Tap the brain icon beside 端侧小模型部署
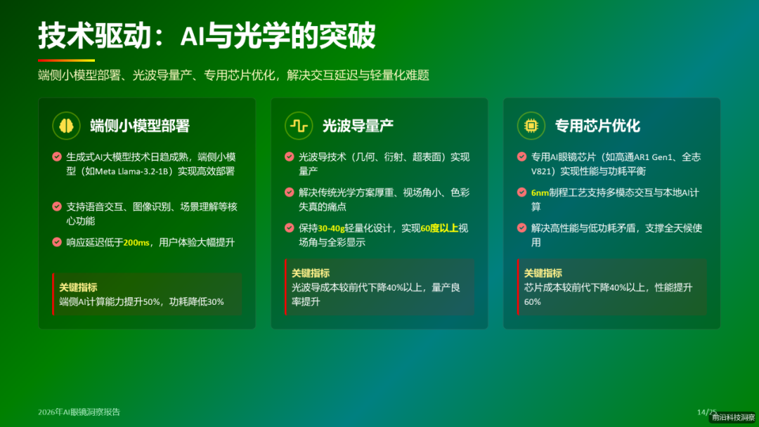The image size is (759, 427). point(66,126)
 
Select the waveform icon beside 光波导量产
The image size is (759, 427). point(299,126)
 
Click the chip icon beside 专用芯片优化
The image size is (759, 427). point(531,126)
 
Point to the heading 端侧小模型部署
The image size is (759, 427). point(140,126)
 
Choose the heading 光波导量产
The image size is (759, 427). point(358,126)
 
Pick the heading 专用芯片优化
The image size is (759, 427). point(597,126)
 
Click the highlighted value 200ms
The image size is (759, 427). point(136,242)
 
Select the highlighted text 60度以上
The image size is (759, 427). point(439,228)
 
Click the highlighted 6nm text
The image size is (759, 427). point(540,192)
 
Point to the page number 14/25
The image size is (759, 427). point(706,412)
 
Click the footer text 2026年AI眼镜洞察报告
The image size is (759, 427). point(84,412)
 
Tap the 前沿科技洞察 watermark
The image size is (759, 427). point(733,417)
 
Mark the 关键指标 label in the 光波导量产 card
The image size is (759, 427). point(311,273)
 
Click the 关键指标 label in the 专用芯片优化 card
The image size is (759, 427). point(543,273)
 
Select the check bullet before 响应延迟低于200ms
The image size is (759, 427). point(57,242)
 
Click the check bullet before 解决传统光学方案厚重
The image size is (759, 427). point(290,192)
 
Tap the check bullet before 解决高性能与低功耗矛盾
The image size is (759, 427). point(522,228)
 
